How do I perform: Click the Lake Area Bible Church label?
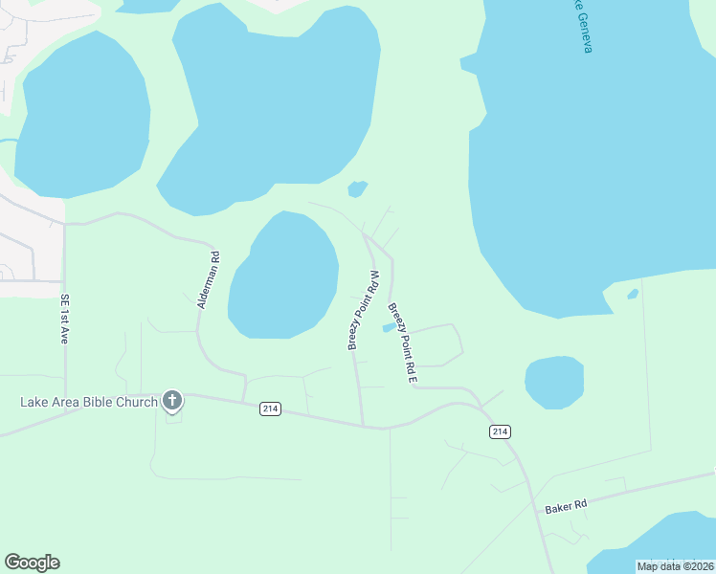(x=88, y=402)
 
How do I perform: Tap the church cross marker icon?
(x=172, y=401)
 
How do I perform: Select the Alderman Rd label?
(x=209, y=279)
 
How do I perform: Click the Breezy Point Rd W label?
(x=365, y=310)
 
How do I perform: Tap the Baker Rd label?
(x=565, y=504)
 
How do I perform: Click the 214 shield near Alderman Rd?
(x=270, y=408)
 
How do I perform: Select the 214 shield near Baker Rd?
(x=500, y=431)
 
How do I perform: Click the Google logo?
(x=32, y=563)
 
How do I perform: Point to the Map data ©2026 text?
(x=675, y=566)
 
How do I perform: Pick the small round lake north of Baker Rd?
(x=554, y=381)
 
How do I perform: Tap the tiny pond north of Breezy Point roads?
(x=356, y=188)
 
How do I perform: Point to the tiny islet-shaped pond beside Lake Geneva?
(x=632, y=294)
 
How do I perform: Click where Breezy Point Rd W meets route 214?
(x=363, y=424)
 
